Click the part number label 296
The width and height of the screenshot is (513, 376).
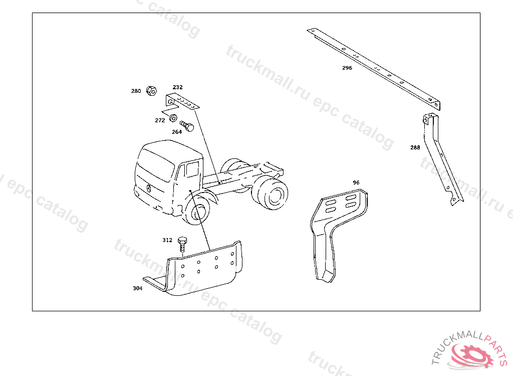point(347,68)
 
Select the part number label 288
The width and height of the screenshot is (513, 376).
point(415,147)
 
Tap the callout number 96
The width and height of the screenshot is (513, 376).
point(356,182)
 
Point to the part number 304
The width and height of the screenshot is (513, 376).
point(138,288)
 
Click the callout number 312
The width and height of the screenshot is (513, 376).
point(167,240)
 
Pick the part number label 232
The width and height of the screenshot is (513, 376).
point(178,87)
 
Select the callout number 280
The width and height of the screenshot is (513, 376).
point(136,91)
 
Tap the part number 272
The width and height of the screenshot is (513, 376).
point(160,120)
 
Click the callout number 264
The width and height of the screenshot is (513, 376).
point(177,132)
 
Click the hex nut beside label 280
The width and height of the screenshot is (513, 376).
point(151,90)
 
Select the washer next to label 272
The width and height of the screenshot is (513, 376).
point(173,118)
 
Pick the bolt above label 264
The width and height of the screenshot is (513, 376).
point(187,126)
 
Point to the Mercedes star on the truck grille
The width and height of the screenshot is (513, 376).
point(149,189)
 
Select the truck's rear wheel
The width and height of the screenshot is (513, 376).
point(272,194)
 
